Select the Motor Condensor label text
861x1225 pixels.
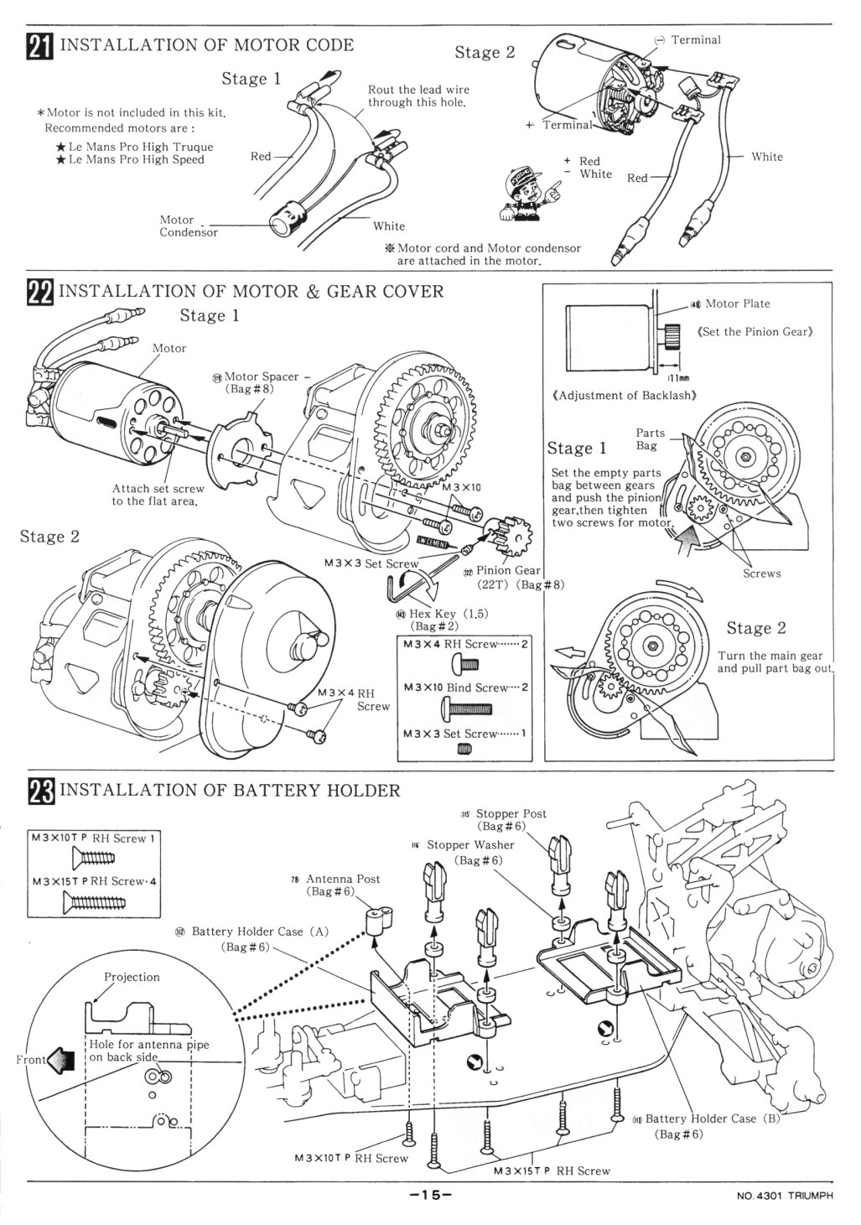click(189, 226)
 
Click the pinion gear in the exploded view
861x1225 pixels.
click(503, 532)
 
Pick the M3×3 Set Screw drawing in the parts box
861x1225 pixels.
click(463, 750)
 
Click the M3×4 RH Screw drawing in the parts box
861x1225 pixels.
click(464, 664)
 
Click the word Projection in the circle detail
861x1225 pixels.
click(132, 978)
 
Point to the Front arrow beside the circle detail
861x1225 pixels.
click(60, 1060)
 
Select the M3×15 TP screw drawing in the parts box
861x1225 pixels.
click(94, 902)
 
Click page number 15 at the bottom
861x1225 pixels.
click(430, 1195)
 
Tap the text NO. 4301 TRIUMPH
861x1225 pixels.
click(785, 1196)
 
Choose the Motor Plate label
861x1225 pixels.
click(737, 304)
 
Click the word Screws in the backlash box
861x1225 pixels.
click(761, 574)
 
